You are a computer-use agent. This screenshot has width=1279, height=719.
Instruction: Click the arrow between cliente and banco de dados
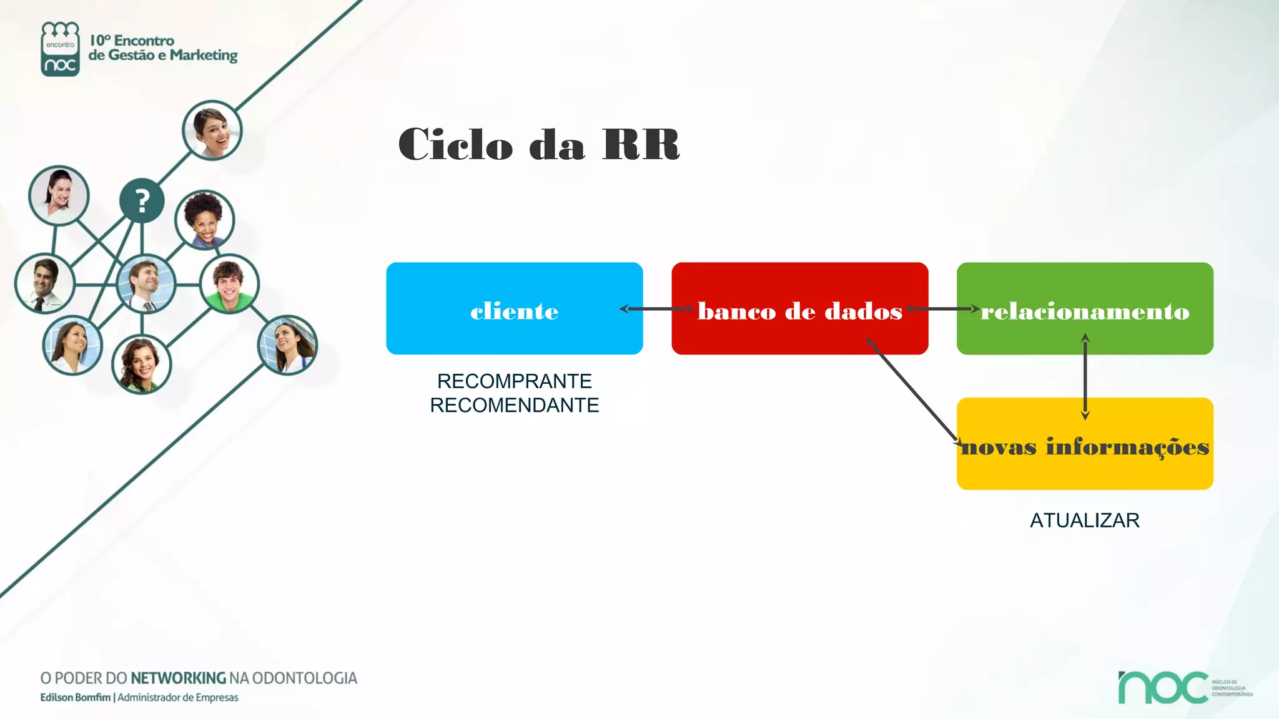(x=657, y=308)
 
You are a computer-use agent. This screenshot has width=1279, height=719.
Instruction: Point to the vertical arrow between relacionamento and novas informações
(x=1085, y=376)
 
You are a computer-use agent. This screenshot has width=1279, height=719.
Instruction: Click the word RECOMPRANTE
(x=514, y=381)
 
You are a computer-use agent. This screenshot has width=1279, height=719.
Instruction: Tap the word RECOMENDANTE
(x=514, y=405)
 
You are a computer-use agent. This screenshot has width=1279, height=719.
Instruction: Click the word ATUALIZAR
(x=1084, y=520)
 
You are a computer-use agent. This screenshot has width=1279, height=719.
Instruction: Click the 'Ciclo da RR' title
(x=538, y=144)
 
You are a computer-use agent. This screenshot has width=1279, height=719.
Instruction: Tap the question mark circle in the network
(x=142, y=201)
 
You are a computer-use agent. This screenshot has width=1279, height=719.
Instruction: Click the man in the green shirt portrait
(x=229, y=283)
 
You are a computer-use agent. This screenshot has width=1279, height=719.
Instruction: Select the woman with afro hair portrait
(x=204, y=219)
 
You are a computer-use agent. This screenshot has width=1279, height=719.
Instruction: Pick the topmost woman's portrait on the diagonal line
(x=212, y=130)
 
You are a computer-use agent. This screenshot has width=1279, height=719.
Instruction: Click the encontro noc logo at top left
(x=60, y=49)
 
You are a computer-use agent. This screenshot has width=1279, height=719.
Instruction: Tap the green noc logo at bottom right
(x=1163, y=687)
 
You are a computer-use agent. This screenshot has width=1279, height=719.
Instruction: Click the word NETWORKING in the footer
(x=178, y=678)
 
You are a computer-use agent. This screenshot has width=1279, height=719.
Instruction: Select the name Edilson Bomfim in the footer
(x=75, y=697)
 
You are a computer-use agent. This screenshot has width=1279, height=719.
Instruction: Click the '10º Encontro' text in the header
(x=132, y=41)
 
